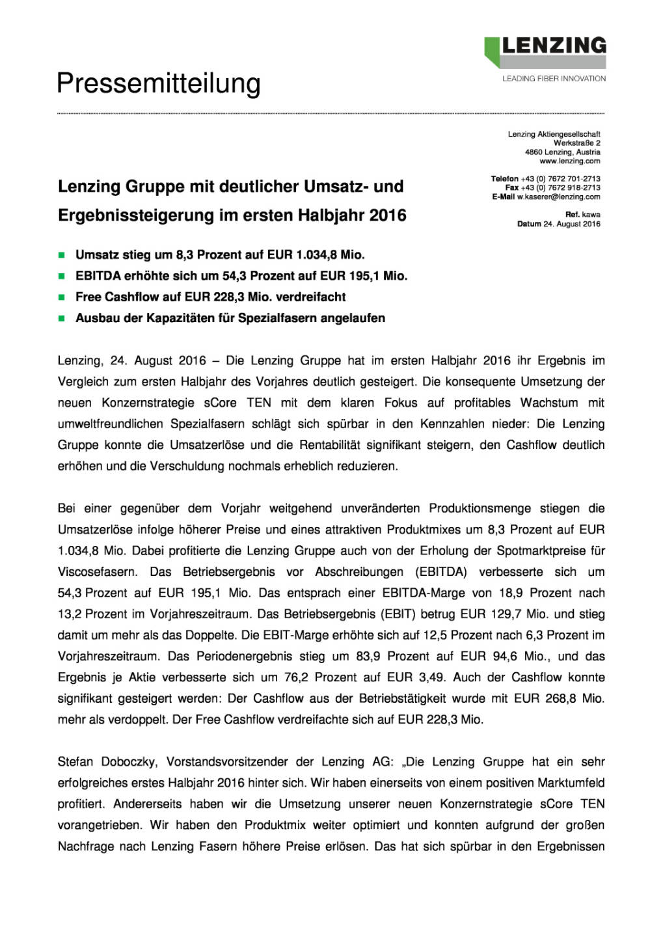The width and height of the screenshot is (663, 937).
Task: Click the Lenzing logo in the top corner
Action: pos(545,51)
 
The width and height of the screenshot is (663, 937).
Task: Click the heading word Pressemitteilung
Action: pos(159,84)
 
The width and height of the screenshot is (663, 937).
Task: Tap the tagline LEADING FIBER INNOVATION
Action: pos(554,79)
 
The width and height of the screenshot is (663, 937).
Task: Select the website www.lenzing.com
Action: pos(569,161)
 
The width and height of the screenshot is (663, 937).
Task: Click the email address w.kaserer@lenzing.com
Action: pos(558,197)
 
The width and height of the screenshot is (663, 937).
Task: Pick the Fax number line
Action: pos(552,187)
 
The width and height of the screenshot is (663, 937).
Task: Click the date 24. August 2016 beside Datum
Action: pos(571,224)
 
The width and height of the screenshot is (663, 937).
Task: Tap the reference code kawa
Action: pos(591,214)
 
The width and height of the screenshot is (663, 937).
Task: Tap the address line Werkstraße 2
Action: pos(576,143)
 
